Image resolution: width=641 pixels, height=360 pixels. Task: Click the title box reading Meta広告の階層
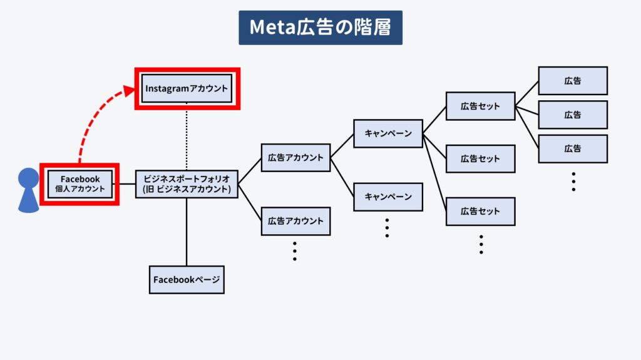click(320, 28)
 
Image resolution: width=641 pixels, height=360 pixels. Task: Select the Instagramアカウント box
click(187, 88)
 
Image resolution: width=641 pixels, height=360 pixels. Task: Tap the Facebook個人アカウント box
click(79, 184)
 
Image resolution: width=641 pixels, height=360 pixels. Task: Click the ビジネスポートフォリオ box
click(187, 184)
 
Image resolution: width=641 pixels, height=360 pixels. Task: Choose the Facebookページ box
click(187, 280)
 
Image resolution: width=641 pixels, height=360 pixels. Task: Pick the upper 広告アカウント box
click(295, 158)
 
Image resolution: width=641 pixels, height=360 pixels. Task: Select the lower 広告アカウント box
click(295, 221)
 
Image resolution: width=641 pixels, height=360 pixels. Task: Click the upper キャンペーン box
click(388, 133)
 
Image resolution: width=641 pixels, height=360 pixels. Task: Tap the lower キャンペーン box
click(388, 197)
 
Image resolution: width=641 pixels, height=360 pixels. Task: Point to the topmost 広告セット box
click(480, 106)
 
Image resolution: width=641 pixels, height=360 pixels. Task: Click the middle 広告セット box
click(480, 159)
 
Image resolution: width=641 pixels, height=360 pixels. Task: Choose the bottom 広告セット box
click(480, 212)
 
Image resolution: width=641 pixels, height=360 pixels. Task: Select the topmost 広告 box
click(573, 81)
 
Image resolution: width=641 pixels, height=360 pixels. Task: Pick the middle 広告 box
click(573, 115)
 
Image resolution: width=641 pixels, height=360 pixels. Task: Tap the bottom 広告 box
click(573, 149)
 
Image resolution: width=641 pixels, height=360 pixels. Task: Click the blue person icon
click(29, 190)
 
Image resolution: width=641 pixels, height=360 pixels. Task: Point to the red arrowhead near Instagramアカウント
click(129, 91)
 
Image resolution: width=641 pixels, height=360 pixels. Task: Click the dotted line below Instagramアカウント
click(187, 136)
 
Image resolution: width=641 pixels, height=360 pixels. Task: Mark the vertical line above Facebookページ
click(187, 232)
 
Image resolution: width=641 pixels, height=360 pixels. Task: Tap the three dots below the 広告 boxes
click(573, 182)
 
